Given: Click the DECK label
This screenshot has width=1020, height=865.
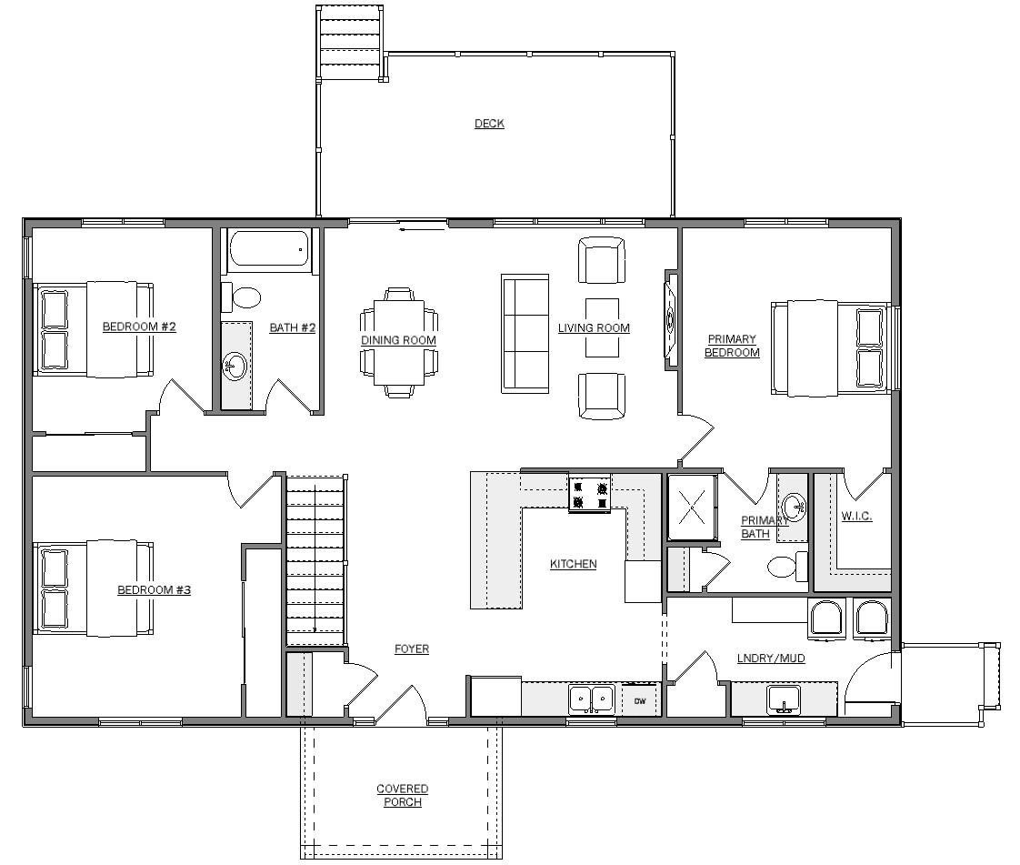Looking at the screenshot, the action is point(489,124).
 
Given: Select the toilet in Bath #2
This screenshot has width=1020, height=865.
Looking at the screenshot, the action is point(241,297).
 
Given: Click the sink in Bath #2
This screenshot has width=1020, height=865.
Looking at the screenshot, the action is point(235,366).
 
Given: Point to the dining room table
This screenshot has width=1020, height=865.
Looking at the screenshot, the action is point(399,342).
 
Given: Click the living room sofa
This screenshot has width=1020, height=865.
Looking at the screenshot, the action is point(525,333).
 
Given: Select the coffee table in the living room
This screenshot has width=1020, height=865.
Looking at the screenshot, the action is point(602,327).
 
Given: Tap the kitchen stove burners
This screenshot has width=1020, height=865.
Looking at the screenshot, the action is point(589,494).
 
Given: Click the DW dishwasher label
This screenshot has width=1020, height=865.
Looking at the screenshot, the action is point(640,701).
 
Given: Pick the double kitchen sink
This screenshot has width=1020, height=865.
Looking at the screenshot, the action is point(591,699).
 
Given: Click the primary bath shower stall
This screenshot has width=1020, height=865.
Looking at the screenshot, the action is point(692,507).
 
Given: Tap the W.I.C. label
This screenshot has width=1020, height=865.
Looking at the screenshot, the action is point(856,516).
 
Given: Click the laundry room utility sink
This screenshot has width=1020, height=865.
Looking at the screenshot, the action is point(785,699).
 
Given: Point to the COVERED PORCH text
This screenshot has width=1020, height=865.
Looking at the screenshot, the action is point(403,795).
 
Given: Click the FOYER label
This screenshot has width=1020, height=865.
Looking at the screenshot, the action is point(412,649).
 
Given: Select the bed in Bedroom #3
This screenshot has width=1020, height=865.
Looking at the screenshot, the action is point(94,587).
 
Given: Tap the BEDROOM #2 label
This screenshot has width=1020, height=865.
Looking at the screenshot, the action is point(139,327).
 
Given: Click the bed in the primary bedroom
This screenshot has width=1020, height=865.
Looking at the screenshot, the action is point(830,347).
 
